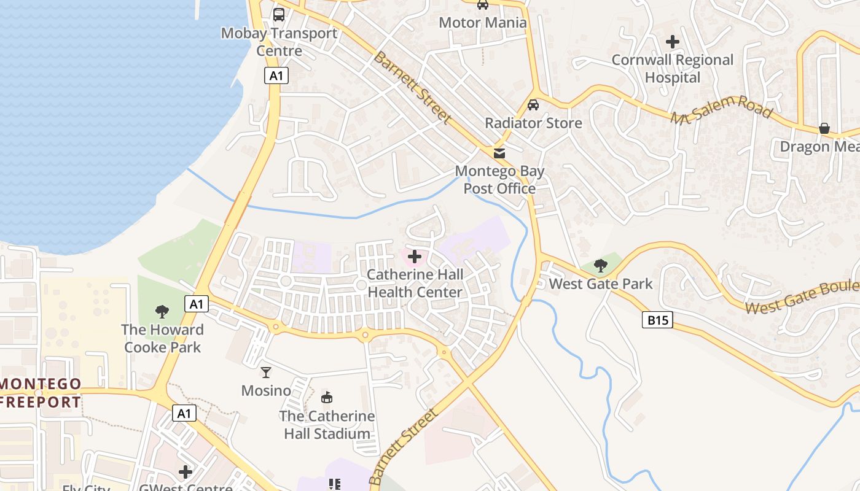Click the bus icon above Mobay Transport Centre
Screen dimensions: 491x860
279,14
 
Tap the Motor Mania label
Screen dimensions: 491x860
483,23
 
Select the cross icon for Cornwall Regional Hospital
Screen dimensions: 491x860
673,42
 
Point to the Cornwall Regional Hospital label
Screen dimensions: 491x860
673,69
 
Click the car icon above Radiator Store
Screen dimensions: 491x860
533,104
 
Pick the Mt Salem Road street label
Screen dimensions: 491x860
721,110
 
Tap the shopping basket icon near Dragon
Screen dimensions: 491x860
824,128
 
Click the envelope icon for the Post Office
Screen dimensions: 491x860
499,153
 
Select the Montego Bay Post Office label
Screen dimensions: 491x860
499,180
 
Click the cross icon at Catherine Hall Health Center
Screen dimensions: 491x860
415,256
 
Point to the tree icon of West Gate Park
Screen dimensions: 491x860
601,266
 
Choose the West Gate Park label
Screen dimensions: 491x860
601,284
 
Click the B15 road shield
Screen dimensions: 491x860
657,320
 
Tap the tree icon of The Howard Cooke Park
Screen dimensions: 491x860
162,311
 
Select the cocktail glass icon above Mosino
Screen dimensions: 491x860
266,372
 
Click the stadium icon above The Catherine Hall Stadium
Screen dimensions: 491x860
327,397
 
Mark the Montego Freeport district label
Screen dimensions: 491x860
41,393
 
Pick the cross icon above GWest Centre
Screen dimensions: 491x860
186,471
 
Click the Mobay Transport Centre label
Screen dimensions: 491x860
279,42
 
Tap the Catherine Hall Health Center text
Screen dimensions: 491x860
415,283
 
